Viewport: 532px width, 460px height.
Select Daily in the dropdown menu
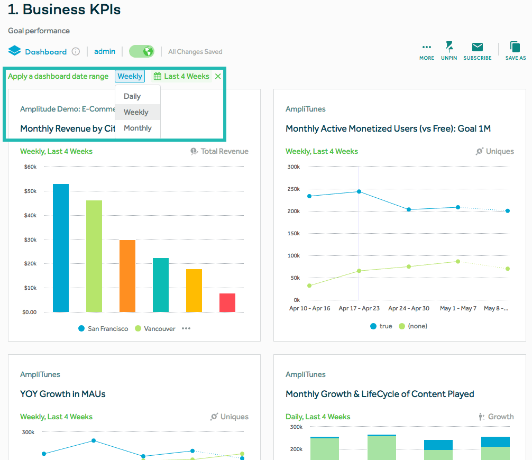[x=132, y=96]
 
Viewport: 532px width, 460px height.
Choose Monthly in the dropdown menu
[x=137, y=128]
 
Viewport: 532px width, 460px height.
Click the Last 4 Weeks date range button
[x=181, y=76]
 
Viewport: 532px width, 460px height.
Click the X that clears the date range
[x=218, y=76]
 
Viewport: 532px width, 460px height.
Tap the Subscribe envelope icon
[x=477, y=48]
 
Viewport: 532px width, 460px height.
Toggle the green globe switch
[x=142, y=51]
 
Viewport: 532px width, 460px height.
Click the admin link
[x=105, y=51]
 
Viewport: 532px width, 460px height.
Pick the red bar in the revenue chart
[x=227, y=302]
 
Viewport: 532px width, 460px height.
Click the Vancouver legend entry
[x=155, y=328]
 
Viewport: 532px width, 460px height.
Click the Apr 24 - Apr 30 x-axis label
[x=409, y=308]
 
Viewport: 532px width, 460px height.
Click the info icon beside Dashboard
[x=76, y=52]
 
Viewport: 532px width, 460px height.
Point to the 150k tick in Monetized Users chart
[x=293, y=233]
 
